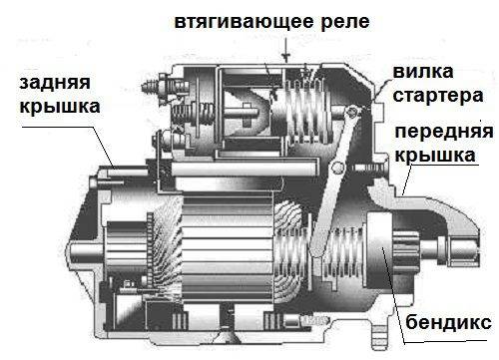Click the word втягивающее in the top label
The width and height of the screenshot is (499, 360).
tap(229, 20)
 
